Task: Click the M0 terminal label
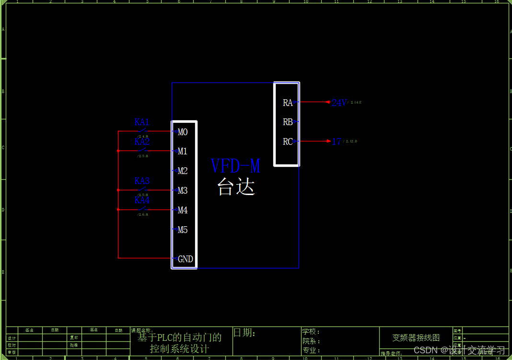coord(183,132)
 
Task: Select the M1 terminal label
coord(183,151)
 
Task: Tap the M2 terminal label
coord(183,171)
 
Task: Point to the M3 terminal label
coord(183,191)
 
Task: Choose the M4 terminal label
coord(183,210)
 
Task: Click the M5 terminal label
coord(183,230)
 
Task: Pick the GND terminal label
coord(186,259)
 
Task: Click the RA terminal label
coord(288,103)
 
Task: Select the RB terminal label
coord(288,122)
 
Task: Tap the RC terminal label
coord(288,142)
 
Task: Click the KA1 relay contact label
coord(142,122)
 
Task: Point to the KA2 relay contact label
coord(142,141)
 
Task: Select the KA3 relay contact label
coord(142,181)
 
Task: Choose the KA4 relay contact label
coord(142,200)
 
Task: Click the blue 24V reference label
coord(339,103)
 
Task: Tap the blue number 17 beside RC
coord(337,141)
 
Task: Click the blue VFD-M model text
coord(235,166)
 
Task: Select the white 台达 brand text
coord(235,186)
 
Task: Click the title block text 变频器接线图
coord(416,337)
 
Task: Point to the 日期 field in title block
coord(244,333)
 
